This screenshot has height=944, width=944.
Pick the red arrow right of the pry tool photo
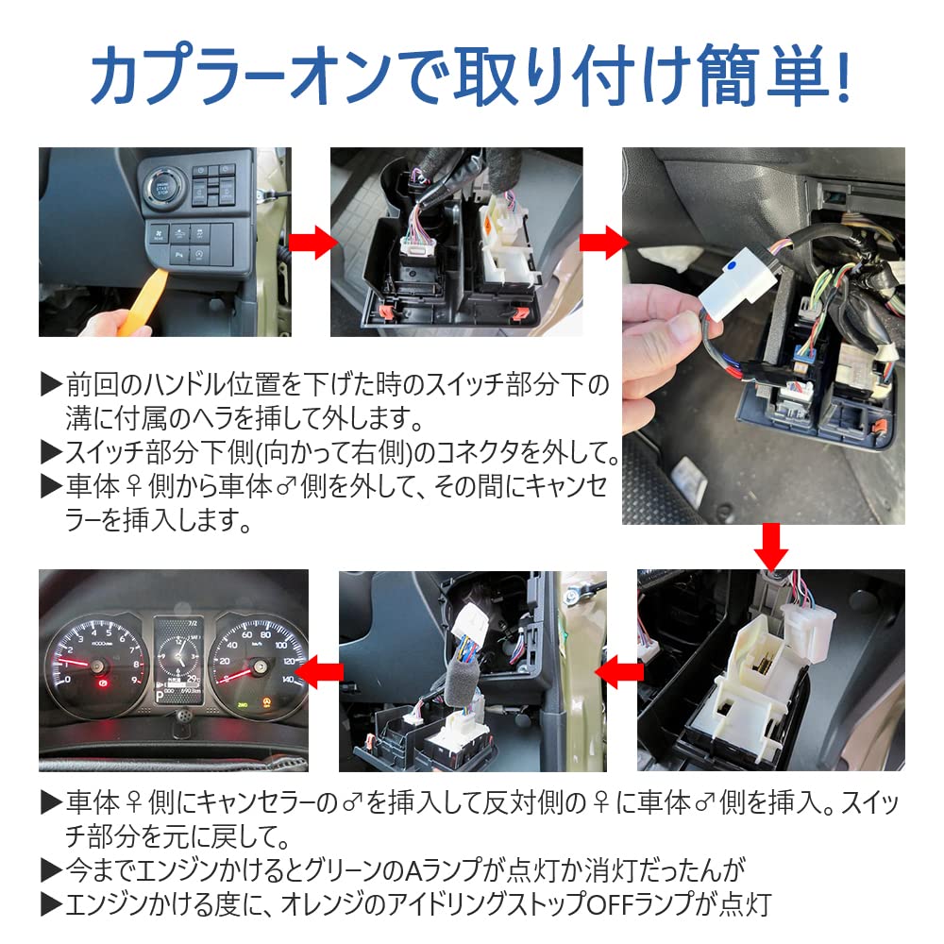tap(310, 243)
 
